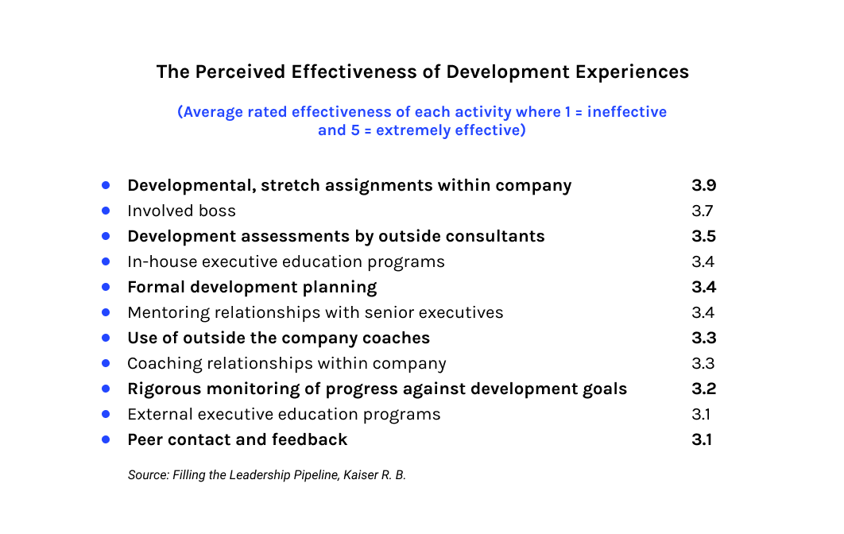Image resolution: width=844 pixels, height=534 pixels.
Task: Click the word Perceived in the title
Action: (238, 72)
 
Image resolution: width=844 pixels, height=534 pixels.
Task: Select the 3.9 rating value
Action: (703, 186)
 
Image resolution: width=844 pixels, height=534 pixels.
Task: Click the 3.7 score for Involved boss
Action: (703, 211)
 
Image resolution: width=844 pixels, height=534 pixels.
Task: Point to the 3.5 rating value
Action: (703, 237)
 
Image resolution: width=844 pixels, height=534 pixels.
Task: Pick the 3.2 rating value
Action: (703, 389)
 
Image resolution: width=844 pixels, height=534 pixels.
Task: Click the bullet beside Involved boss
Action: (106, 211)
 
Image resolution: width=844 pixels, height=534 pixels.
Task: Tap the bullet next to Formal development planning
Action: (106, 288)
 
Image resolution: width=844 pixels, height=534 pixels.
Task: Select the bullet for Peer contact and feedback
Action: (106, 440)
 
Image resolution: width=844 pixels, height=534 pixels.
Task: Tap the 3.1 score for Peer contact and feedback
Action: (702, 440)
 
